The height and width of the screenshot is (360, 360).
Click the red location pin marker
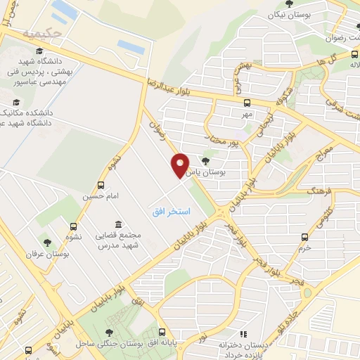(180, 165)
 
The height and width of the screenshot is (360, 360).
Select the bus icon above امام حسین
(101, 186)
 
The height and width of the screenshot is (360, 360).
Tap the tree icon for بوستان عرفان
(48, 243)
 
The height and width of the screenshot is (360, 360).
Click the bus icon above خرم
(304, 237)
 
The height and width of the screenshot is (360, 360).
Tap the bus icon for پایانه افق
(162, 332)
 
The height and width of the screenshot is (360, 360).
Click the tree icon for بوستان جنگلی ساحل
(108, 332)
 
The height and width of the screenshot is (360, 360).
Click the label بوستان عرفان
(48, 254)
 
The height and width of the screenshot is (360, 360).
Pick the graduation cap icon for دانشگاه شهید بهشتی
(39, 50)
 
